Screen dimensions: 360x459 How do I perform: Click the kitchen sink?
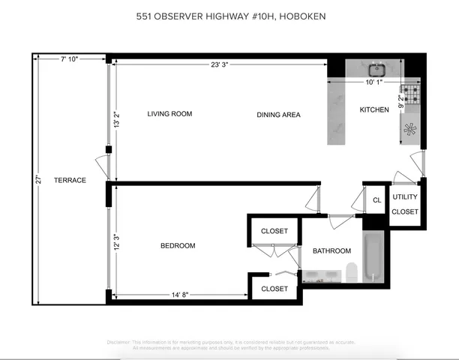pyautogui.click(x=377, y=69)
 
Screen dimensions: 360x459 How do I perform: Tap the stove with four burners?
pyautogui.click(x=410, y=94)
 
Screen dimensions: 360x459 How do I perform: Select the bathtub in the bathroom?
pyautogui.click(x=373, y=257)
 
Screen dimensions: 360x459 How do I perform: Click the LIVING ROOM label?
pyautogui.click(x=169, y=114)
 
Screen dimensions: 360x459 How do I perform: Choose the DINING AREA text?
pyautogui.click(x=278, y=115)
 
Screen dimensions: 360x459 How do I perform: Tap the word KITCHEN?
pyautogui.click(x=374, y=110)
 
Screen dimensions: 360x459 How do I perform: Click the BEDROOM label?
pyautogui.click(x=178, y=246)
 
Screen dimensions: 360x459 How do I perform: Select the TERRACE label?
pyautogui.click(x=71, y=180)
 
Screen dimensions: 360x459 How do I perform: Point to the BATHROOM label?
pyautogui.click(x=331, y=251)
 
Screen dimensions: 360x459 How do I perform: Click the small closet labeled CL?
pyautogui.click(x=376, y=200)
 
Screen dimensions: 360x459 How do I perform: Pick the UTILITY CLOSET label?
pyautogui.click(x=405, y=204)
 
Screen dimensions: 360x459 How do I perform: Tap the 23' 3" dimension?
pyautogui.click(x=220, y=64)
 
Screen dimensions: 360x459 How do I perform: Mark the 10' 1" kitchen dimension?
pyautogui.click(x=373, y=82)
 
